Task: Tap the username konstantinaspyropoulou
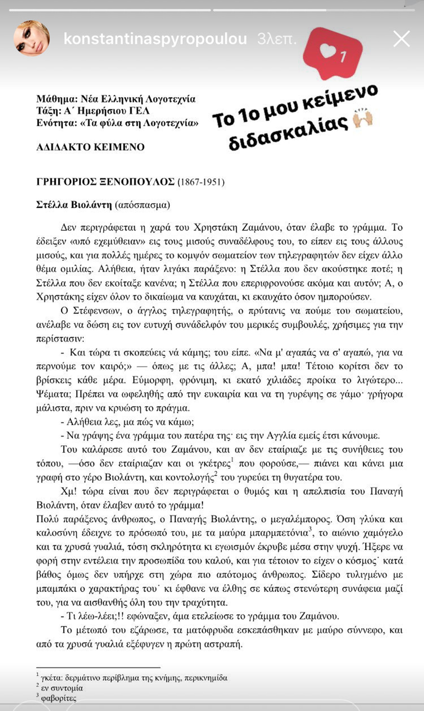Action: pyautogui.click(x=155, y=39)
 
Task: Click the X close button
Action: pyautogui.click(x=401, y=39)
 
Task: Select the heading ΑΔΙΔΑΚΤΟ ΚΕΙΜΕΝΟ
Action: pyautogui.click(x=90, y=147)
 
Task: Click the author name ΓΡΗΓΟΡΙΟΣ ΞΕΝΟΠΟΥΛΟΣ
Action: pyautogui.click(x=106, y=182)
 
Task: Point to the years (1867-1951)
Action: pyautogui.click(x=201, y=182)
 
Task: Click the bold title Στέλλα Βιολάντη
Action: pyautogui.click(x=74, y=204)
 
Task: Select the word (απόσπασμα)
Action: pyautogui.click(x=142, y=204)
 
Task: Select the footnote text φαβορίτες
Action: pyautogui.click(x=58, y=698)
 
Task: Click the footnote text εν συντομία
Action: pyautogui.click(x=62, y=688)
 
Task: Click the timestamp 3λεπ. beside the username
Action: pyautogui.click(x=277, y=39)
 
